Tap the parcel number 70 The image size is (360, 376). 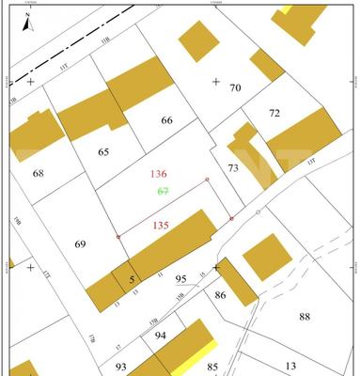(235, 88)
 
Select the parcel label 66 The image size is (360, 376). (167, 120)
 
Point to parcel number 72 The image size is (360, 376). (274, 113)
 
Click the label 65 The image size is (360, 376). (103, 150)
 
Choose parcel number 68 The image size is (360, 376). (39, 173)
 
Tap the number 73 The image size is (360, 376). (234, 167)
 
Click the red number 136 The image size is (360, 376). (159, 174)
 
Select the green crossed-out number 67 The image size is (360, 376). (163, 191)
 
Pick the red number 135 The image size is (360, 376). (161, 226)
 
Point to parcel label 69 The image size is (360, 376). (80, 244)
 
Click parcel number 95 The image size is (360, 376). (181, 279)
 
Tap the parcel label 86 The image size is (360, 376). (221, 295)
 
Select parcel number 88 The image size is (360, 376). (305, 317)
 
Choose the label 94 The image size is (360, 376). (161, 335)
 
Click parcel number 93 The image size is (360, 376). (121, 366)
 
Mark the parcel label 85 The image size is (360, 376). (213, 366)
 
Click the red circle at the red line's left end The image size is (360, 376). (117, 236)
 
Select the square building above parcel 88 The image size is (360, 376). (268, 256)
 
